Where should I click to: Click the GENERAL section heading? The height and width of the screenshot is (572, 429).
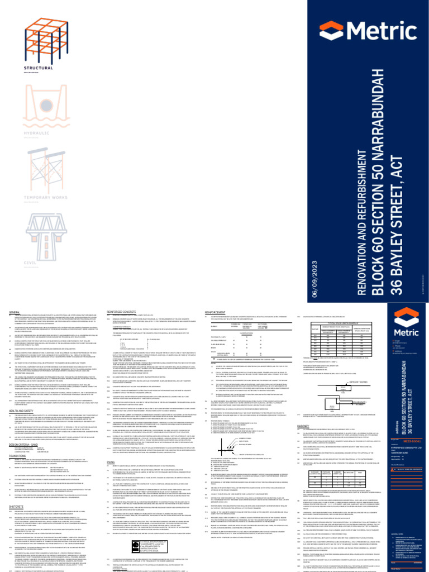coord(15,313)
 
